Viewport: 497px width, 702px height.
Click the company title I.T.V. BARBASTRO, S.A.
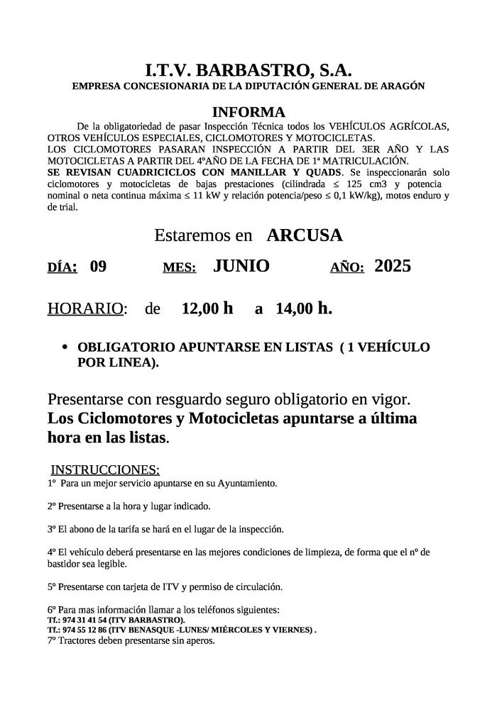click(x=248, y=69)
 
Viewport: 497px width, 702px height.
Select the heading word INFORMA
click(x=248, y=112)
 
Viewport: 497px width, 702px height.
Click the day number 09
click(x=98, y=267)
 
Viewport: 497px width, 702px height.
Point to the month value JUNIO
click(x=241, y=266)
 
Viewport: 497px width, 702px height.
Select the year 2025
click(x=393, y=266)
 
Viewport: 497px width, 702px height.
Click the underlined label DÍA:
click(x=62, y=268)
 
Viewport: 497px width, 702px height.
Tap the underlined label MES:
click(x=179, y=268)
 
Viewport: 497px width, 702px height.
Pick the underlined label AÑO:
click(x=347, y=268)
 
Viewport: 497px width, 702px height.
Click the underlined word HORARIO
click(x=85, y=309)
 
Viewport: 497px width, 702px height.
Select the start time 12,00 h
click(x=207, y=308)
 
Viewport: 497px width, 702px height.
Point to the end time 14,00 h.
click(x=304, y=308)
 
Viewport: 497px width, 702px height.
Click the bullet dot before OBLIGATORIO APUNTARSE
click(x=65, y=348)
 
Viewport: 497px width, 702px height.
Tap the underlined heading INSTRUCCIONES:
click(x=105, y=469)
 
